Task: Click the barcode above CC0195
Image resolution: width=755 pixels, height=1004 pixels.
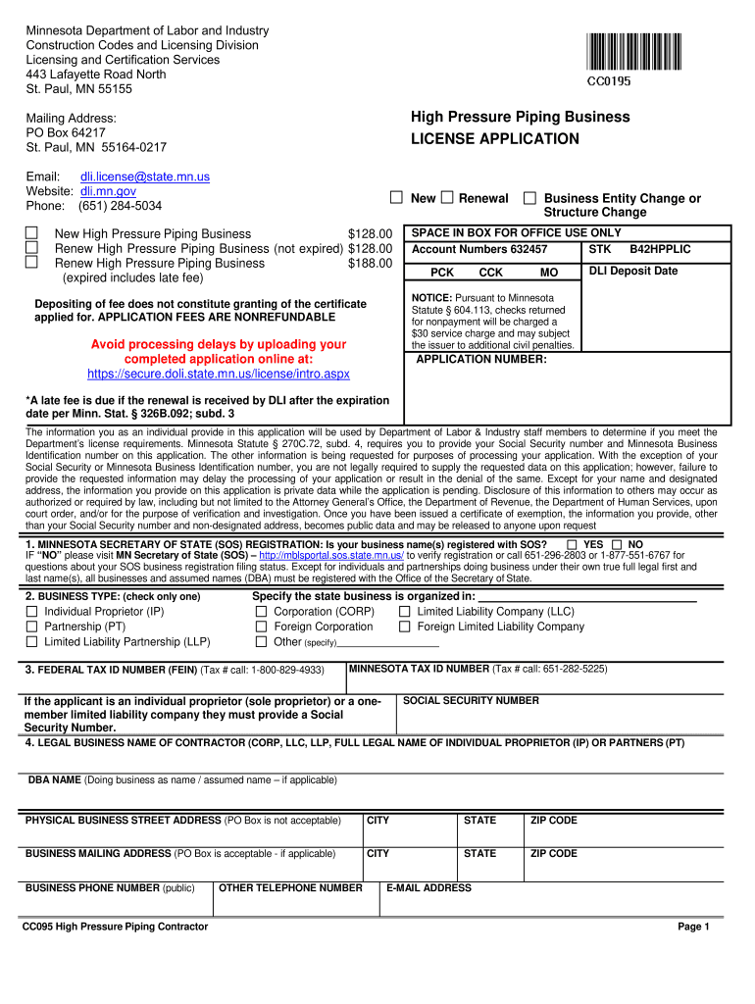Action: (x=635, y=50)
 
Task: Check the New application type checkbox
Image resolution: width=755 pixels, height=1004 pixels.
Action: (x=397, y=198)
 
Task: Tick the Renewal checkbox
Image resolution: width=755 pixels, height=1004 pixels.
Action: (x=447, y=198)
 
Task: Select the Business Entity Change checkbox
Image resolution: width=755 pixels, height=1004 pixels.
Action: (x=529, y=198)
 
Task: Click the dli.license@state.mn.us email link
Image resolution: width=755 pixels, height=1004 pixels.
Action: (x=145, y=177)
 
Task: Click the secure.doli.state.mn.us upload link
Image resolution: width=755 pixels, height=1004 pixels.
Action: (x=219, y=375)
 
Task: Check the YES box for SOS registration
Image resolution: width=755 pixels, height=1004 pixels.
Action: (x=572, y=544)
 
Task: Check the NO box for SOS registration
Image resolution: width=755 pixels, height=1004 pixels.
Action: (x=617, y=544)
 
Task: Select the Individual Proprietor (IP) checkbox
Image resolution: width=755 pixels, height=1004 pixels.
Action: (x=31, y=612)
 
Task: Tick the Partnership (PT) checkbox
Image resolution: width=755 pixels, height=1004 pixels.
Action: (x=31, y=627)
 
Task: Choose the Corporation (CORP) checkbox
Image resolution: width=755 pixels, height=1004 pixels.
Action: (x=262, y=612)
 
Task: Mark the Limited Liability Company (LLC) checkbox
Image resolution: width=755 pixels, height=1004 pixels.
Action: (x=405, y=612)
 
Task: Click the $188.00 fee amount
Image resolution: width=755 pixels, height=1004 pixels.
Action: (x=371, y=264)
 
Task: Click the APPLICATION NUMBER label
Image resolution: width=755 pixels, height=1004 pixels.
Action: (x=481, y=360)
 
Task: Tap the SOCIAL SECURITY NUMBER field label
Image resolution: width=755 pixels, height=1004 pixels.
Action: (x=471, y=701)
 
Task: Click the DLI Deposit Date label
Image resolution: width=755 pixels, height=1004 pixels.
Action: (x=632, y=272)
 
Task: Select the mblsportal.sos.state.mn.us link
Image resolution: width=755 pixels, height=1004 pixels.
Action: (x=331, y=555)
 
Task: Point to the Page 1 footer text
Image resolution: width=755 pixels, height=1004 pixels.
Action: (x=693, y=927)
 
